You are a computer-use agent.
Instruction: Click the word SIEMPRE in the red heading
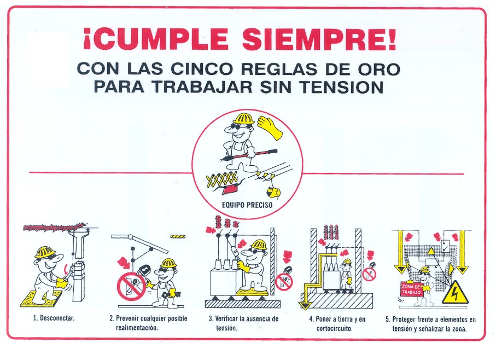(319, 39)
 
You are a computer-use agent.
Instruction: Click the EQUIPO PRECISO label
(247, 205)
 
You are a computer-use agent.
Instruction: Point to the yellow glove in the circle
(270, 127)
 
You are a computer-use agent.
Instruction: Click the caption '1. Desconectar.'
(54, 318)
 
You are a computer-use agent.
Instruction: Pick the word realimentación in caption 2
(136, 328)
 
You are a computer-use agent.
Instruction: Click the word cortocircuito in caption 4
(334, 328)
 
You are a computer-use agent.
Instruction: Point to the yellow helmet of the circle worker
(243, 119)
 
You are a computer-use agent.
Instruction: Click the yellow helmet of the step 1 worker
(45, 252)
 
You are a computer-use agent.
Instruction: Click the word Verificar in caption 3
(227, 318)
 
